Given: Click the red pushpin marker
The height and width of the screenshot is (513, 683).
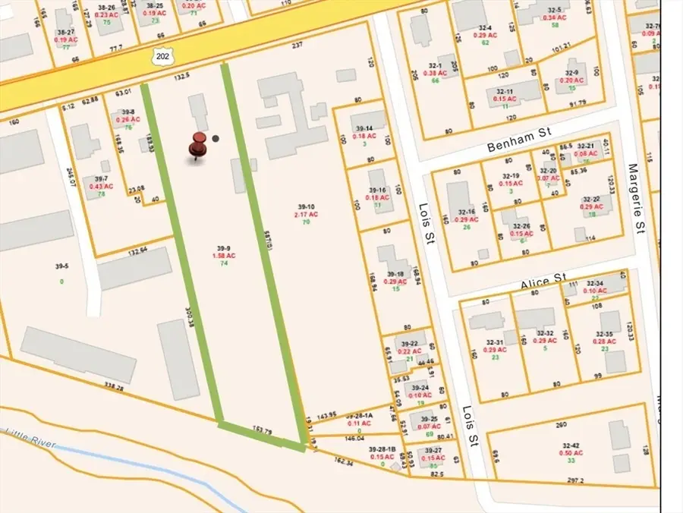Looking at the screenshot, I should pos(199,145).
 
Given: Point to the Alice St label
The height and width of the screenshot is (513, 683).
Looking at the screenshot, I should pos(543,282).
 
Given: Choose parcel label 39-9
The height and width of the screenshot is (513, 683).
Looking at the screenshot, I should pos(222,248).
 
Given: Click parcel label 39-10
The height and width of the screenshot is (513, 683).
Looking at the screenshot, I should pos(306,206).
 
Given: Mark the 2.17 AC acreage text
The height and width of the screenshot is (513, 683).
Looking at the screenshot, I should pos(306,215).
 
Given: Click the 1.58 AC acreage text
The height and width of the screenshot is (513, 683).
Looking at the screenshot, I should pos(224,256).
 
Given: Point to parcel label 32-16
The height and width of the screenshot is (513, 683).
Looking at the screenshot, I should pos(465,212).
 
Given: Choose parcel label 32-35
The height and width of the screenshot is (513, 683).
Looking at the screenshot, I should pos(604,334).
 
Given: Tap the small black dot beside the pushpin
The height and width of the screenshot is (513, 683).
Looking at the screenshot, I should pos(216,138).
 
